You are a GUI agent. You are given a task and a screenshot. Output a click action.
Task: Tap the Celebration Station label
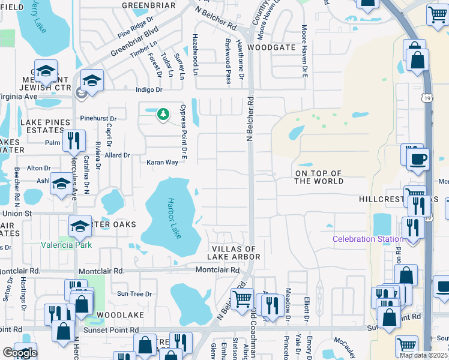click(368, 239)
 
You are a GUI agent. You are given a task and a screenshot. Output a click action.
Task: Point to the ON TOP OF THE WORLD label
click(318, 178)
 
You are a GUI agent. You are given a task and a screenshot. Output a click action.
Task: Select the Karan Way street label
click(163, 163)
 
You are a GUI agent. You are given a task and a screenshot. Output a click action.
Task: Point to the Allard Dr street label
click(117, 155)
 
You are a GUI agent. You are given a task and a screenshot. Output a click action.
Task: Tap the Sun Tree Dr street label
click(134, 293)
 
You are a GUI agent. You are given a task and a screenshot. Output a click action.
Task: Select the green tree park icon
click(163, 114)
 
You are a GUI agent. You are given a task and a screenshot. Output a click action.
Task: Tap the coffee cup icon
click(418, 160)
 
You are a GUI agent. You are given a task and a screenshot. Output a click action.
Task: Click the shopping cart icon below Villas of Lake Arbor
click(242, 298)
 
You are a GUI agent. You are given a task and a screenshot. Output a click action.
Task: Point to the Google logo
click(19, 353)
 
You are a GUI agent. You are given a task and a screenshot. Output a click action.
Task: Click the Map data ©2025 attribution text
click(424, 355)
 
